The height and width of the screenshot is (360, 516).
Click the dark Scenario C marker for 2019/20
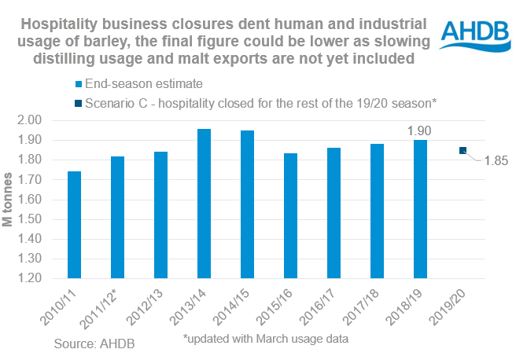(x=463, y=150)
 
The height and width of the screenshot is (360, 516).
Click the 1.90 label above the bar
(x=420, y=130)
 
